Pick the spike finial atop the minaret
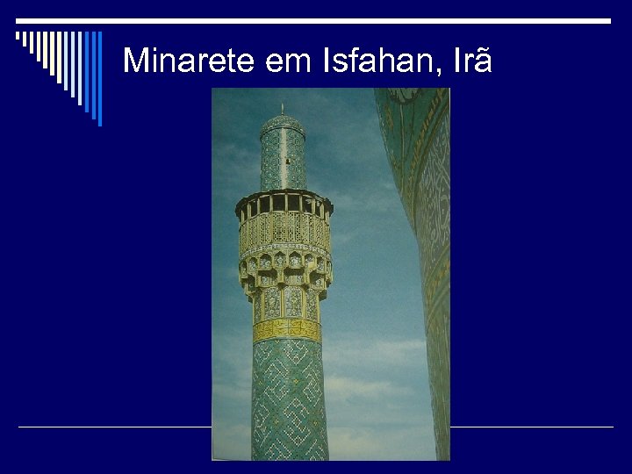pyautogui.click(x=282, y=109)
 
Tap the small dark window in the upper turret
pyautogui.click(x=287, y=162)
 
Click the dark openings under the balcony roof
pyautogui.click(x=283, y=204)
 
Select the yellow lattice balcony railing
pyautogui.click(x=284, y=231)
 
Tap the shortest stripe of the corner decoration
pyautogui.click(x=18, y=36)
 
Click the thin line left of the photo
pyautogui.click(x=114, y=427)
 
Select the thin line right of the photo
pyautogui.click(x=531, y=427)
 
